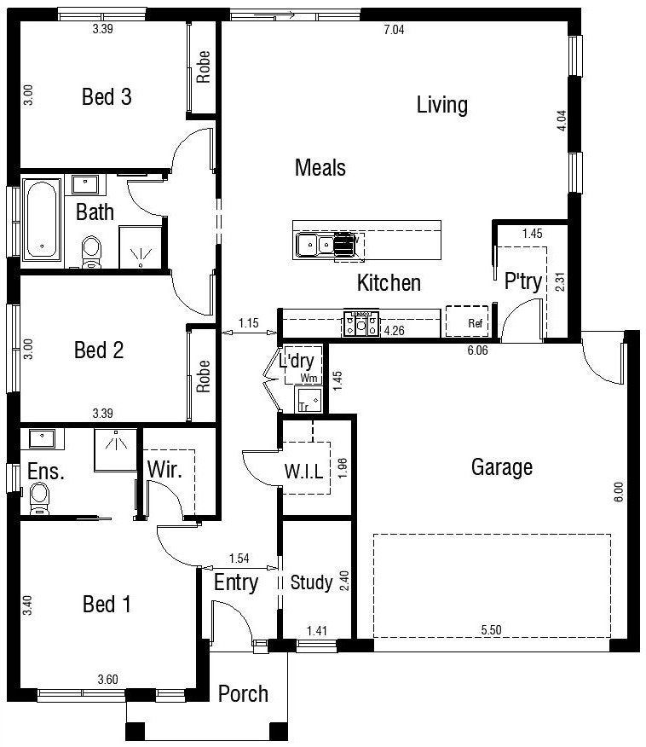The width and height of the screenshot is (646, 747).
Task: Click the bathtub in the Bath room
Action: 43,220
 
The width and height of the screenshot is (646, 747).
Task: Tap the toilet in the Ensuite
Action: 39,498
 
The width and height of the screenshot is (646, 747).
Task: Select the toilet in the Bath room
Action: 91,252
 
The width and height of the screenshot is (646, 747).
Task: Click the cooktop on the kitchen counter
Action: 361,323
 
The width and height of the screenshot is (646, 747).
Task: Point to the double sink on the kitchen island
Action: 315,245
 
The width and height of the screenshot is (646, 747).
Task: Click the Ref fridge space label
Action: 475,323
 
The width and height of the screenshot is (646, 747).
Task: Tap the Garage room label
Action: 502,467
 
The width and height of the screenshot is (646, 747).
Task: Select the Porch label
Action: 243,693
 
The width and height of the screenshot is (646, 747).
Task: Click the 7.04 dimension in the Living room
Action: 394,30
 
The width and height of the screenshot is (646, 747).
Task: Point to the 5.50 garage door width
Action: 491,630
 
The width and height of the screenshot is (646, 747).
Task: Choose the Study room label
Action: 311,582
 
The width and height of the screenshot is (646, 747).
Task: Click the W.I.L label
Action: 303,472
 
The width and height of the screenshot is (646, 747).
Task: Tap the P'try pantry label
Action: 523,281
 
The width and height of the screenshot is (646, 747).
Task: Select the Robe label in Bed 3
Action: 204,67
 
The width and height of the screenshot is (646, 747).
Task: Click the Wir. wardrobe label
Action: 164,470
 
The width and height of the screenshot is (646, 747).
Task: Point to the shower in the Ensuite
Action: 116,449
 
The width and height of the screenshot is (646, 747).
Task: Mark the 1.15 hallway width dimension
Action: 248,323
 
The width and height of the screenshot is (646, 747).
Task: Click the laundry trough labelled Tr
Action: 309,399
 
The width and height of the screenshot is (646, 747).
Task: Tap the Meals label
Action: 320,168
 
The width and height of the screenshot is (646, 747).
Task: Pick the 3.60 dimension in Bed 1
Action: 107,680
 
